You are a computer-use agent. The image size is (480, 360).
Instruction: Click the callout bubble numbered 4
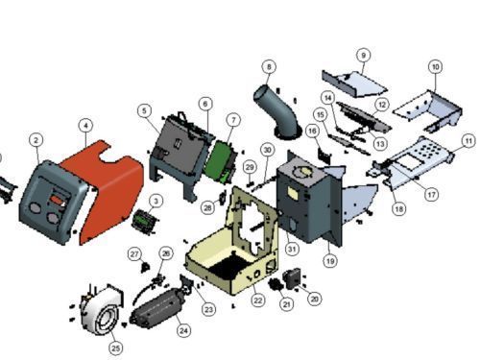click(x=85, y=126)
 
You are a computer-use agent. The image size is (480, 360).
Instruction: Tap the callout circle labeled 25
click(x=116, y=348)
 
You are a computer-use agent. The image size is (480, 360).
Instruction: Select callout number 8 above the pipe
click(x=269, y=66)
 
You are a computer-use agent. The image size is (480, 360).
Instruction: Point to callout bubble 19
click(x=330, y=261)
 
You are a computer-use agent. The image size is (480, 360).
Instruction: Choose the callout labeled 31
click(x=292, y=249)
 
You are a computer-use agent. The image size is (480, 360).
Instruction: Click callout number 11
click(x=468, y=141)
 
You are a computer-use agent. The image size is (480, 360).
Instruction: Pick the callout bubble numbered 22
click(x=258, y=300)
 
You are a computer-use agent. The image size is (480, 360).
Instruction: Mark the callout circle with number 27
click(x=134, y=254)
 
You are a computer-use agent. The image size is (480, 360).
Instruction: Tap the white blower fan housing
click(x=100, y=309)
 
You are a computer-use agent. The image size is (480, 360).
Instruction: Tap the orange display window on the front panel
click(x=57, y=201)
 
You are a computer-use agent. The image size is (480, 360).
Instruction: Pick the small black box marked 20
click(x=292, y=278)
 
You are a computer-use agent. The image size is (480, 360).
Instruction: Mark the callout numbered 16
click(x=313, y=131)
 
